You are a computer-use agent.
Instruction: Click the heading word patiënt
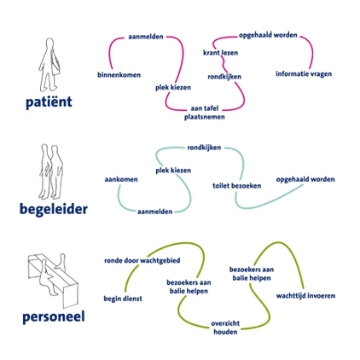click(49, 102)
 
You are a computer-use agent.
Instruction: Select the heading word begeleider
click(54, 209)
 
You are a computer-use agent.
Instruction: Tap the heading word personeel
click(54, 317)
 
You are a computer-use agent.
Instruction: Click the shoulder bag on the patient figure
click(56, 64)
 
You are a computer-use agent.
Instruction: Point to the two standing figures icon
click(51, 171)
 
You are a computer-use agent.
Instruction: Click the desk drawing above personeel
click(53, 280)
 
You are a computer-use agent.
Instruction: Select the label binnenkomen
click(119, 75)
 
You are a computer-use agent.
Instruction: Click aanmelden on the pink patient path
click(146, 37)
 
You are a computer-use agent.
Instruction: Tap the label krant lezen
click(220, 53)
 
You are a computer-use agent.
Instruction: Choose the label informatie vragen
click(304, 74)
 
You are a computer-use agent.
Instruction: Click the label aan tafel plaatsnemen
click(205, 113)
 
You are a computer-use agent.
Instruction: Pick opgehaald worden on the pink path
click(268, 35)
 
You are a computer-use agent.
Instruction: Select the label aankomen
click(121, 179)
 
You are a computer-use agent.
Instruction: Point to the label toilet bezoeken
click(237, 186)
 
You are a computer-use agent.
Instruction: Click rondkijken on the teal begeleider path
click(204, 148)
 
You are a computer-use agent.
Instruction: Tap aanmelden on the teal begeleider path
click(154, 212)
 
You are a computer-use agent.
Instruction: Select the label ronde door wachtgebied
click(142, 261)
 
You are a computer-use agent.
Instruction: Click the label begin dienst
click(123, 299)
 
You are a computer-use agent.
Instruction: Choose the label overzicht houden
click(225, 328)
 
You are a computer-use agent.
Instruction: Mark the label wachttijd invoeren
click(305, 296)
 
